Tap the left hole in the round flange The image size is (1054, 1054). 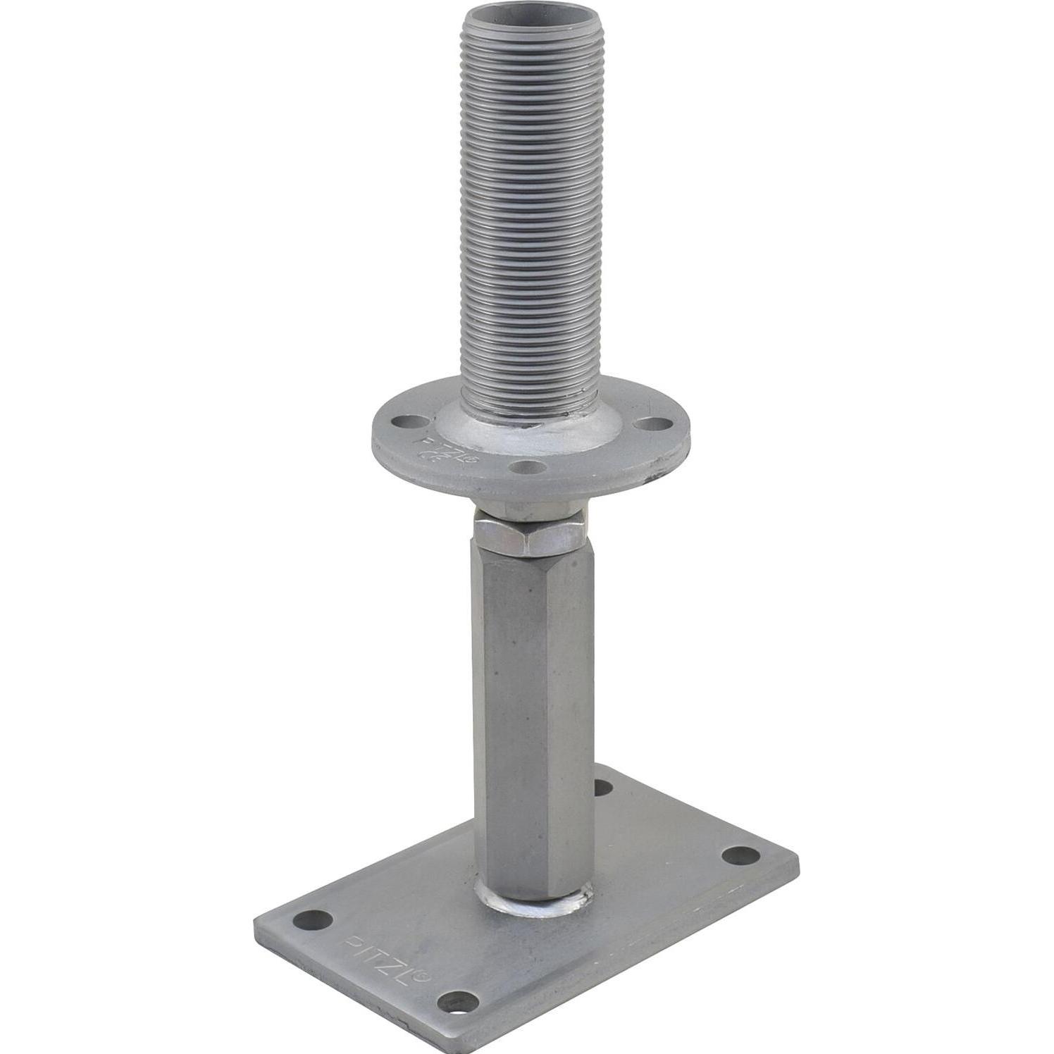407,422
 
